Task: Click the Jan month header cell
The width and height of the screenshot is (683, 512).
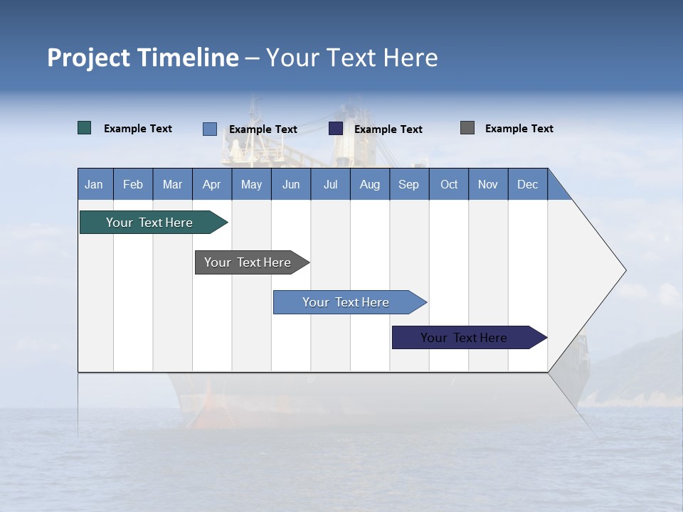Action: click(x=95, y=184)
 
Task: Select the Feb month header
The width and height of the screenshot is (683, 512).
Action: click(x=133, y=184)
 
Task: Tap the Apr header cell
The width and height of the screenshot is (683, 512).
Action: click(x=212, y=184)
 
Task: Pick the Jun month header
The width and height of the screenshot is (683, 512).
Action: click(x=291, y=184)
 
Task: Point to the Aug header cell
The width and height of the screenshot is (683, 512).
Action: click(x=370, y=184)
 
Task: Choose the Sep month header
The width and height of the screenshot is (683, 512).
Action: click(x=409, y=184)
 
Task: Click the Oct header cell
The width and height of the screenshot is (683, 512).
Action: click(x=449, y=184)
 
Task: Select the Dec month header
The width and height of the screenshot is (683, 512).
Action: click(x=528, y=184)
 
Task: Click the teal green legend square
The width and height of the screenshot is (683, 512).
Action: click(x=85, y=128)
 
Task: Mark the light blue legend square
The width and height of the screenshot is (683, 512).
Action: click(x=210, y=129)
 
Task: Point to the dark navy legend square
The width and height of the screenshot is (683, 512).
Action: click(x=336, y=129)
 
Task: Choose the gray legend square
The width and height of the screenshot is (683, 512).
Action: click(x=467, y=128)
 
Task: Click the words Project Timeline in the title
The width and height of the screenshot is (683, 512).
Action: click(x=143, y=58)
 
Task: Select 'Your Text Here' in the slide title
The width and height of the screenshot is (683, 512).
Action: click(x=352, y=58)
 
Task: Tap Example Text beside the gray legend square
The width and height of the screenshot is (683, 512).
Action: click(x=519, y=129)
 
